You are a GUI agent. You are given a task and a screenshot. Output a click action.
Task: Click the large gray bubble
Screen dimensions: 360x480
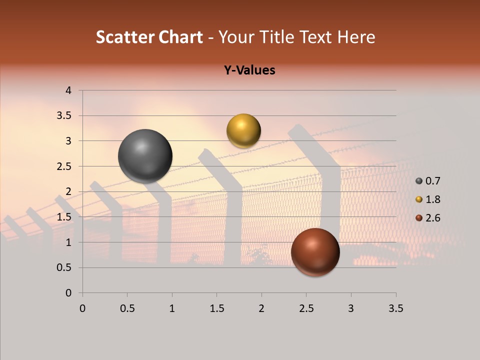(x=145, y=156)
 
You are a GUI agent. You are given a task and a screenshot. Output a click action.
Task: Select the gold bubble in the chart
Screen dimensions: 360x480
(x=243, y=130)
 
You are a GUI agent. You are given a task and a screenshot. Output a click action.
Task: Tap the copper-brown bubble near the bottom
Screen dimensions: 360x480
(x=315, y=252)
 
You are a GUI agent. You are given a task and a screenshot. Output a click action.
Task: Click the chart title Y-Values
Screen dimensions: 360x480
(x=249, y=70)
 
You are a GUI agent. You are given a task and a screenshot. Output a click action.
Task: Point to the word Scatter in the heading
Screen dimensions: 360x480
(x=125, y=37)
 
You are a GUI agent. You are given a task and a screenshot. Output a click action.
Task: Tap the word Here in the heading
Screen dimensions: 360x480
(x=356, y=37)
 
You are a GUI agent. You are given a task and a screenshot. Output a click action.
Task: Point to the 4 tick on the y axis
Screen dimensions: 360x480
(x=69, y=90)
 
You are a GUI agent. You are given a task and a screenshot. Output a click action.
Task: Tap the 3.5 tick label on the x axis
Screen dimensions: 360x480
(x=395, y=308)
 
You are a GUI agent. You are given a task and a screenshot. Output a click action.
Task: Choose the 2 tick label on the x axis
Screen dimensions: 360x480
(x=261, y=308)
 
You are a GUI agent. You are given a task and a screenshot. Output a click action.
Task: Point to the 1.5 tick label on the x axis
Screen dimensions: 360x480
(x=216, y=308)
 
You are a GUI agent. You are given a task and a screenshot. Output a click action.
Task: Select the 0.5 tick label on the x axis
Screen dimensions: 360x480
(x=127, y=308)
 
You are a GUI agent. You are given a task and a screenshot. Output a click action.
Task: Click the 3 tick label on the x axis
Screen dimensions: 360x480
(x=350, y=308)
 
